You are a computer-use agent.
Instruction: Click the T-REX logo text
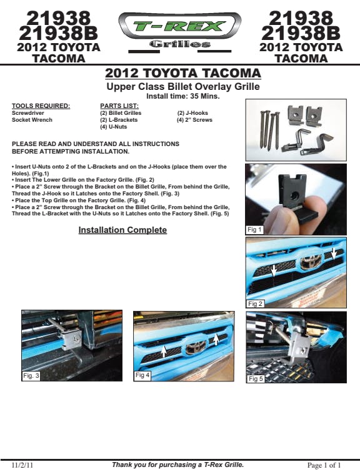tap(179, 26)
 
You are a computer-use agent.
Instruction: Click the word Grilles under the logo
tap(180, 44)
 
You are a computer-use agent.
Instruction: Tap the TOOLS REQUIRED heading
tap(41, 106)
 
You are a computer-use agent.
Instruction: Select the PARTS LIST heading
tap(119, 106)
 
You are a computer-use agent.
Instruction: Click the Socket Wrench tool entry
tap(32, 120)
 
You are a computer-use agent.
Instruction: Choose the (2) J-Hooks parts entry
tap(192, 113)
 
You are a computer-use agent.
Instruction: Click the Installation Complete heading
tap(122, 230)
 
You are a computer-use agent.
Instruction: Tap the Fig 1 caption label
tap(254, 230)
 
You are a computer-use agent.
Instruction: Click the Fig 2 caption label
tap(255, 303)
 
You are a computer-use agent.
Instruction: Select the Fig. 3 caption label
tap(31, 376)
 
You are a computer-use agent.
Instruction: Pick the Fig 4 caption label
tap(142, 375)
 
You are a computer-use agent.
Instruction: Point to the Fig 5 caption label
tap(256, 379)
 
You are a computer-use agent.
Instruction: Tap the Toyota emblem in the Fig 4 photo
tap(196, 348)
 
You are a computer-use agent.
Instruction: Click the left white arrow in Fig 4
tap(164, 352)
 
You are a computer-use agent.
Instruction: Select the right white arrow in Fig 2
tap(334, 253)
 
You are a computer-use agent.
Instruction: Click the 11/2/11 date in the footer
tap(22, 465)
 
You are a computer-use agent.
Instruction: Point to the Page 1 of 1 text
tap(324, 465)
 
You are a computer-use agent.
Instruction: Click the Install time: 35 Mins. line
tap(183, 96)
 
